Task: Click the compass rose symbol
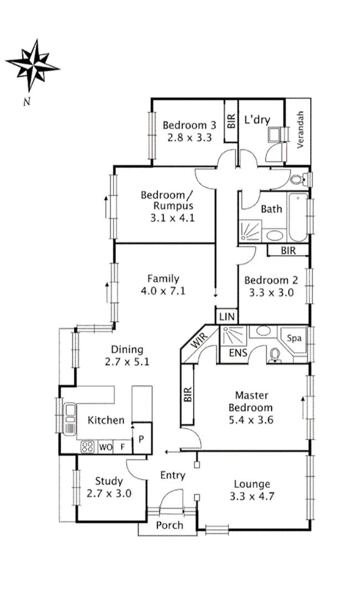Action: pyautogui.click(x=32, y=65)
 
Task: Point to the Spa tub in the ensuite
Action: pyautogui.click(x=294, y=338)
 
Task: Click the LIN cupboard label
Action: pyautogui.click(x=226, y=317)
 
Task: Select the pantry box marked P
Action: pyautogui.click(x=141, y=440)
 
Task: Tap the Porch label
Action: pyautogui.click(x=169, y=525)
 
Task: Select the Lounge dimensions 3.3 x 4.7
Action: pyautogui.click(x=251, y=497)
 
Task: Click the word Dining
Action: pyautogui.click(x=127, y=349)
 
